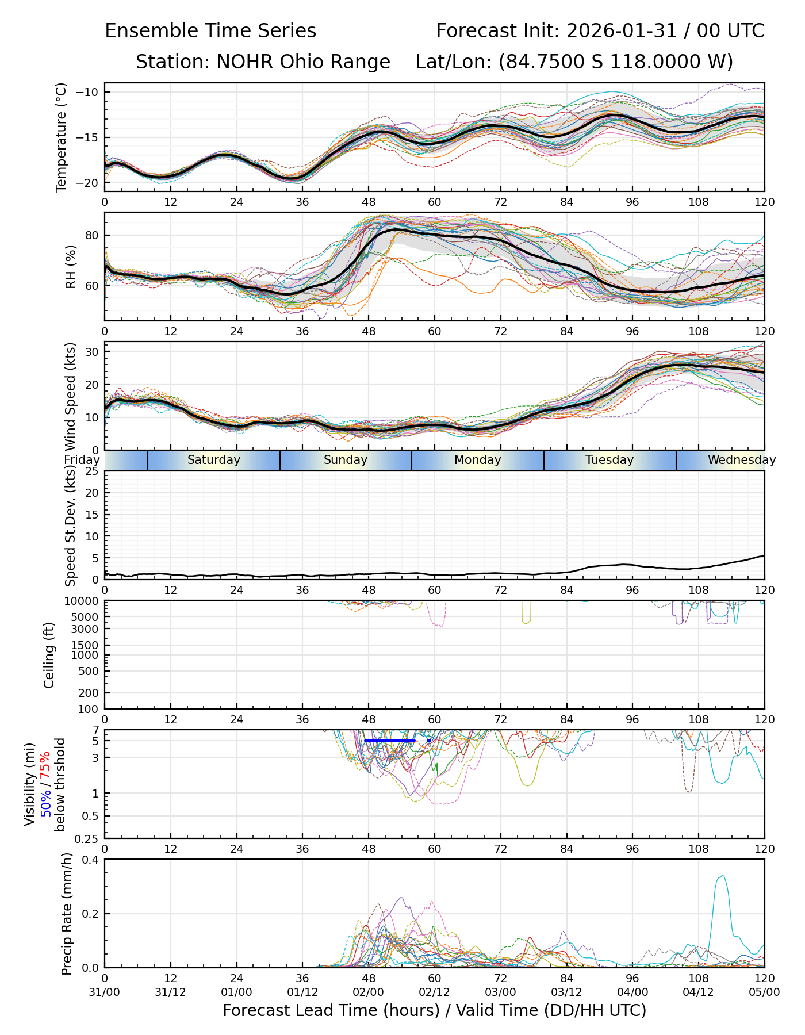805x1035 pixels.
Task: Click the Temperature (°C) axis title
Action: point(62,137)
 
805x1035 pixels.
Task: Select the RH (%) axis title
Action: point(71,266)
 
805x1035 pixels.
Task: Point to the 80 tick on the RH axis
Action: point(93,235)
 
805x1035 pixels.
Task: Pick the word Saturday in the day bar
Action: point(214,460)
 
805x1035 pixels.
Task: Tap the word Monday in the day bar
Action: point(477,460)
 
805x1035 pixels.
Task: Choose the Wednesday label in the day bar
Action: point(741,460)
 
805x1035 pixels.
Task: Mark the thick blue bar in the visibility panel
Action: point(389,741)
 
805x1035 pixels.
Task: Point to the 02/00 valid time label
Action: point(369,992)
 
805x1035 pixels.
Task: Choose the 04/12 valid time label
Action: point(698,992)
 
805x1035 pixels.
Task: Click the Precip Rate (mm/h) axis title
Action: point(67,913)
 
